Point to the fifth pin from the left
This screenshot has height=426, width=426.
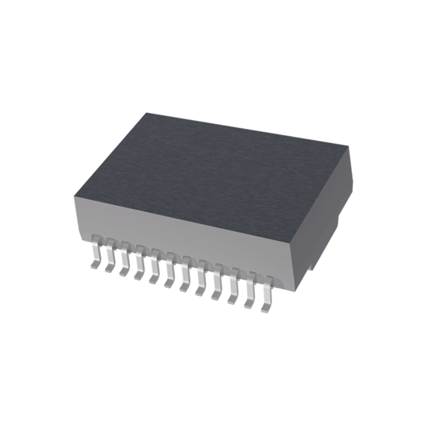(154, 272)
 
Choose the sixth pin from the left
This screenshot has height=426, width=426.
(170, 277)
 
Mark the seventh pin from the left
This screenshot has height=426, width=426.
(185, 281)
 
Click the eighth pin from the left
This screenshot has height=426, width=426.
(201, 285)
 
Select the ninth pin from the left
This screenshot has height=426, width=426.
(217, 289)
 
